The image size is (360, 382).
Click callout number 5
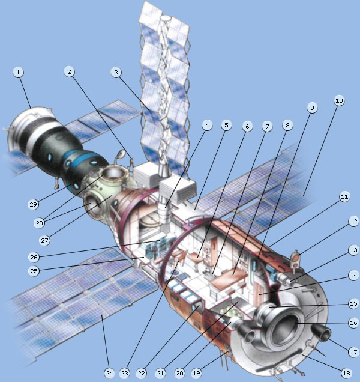pos(226,126)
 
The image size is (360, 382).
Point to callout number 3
pos(116,73)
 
